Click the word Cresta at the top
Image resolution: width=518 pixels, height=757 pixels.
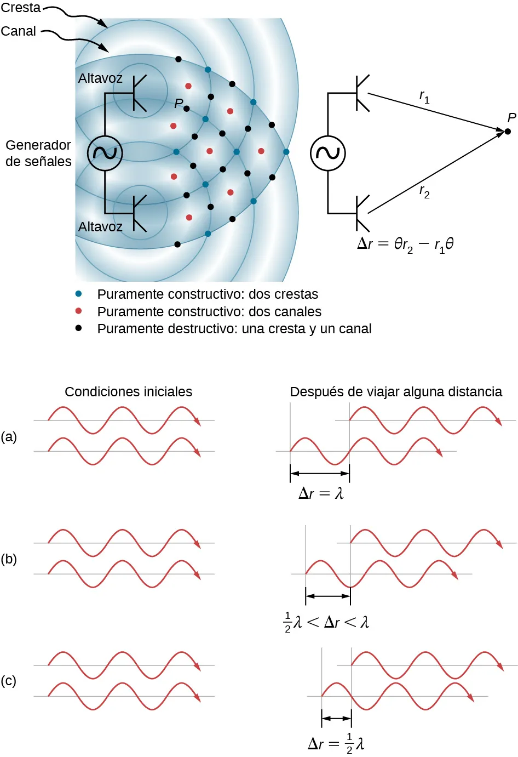[21, 8]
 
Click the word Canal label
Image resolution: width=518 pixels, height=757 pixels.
[18, 31]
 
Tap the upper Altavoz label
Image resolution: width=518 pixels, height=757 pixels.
[100, 78]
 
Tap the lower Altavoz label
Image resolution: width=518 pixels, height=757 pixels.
[100, 226]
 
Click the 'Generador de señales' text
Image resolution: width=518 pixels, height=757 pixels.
[38, 153]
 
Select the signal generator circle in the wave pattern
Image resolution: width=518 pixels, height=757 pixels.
[105, 153]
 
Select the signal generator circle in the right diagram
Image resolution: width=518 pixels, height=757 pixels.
[328, 153]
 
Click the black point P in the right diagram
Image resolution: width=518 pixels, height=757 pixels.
[508, 131]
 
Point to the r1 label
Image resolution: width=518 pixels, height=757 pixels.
[424, 97]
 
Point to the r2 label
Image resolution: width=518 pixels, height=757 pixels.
[424, 191]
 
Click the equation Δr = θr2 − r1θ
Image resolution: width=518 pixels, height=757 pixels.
[405, 244]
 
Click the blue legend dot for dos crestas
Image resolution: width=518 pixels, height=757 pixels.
[79, 294]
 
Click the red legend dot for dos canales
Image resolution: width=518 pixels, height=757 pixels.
[79, 311]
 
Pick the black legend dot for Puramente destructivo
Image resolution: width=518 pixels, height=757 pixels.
[79, 328]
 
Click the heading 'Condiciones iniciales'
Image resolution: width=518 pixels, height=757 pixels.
[128, 391]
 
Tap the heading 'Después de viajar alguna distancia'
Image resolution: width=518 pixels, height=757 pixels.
[396, 391]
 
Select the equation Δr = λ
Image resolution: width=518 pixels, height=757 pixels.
[321, 493]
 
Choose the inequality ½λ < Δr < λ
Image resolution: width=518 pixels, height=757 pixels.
[326, 622]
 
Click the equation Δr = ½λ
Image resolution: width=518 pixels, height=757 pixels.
[336, 743]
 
